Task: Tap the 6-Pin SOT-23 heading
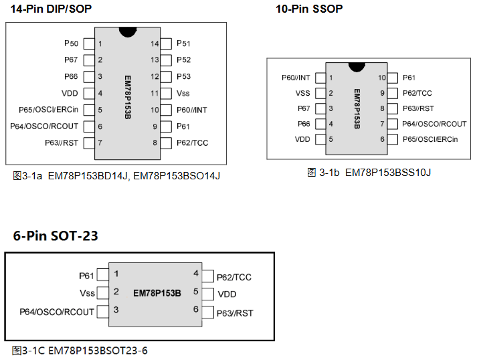click(x=56, y=236)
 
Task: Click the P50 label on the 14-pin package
click(x=71, y=43)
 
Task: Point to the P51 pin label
click(x=184, y=43)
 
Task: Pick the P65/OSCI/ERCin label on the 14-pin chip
click(x=49, y=110)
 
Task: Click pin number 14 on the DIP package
click(x=155, y=43)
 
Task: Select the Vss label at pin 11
click(x=183, y=93)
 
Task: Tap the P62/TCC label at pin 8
click(x=193, y=143)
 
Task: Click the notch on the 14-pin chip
click(x=127, y=31)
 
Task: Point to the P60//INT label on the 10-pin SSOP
click(x=296, y=78)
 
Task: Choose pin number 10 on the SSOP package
click(x=382, y=78)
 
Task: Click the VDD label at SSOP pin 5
click(x=302, y=139)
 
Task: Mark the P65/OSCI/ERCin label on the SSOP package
click(x=430, y=139)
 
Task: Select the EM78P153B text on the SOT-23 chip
click(x=157, y=292)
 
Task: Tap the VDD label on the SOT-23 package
click(x=227, y=294)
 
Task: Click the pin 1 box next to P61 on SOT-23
click(x=102, y=274)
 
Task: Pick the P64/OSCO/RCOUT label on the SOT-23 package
click(x=57, y=312)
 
